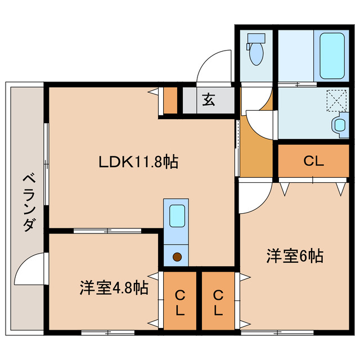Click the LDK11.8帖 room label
(x=138, y=163)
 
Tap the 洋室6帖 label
(x=294, y=256)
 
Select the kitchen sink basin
(x=177, y=215)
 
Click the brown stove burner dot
(x=177, y=257)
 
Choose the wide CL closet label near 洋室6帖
(x=313, y=161)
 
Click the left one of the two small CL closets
(x=180, y=302)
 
